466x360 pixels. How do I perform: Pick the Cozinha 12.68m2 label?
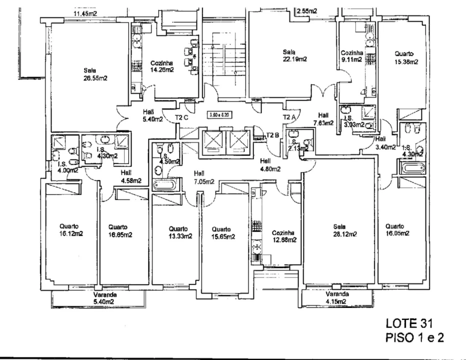coord(283,236)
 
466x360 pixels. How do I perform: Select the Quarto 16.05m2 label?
coord(398,229)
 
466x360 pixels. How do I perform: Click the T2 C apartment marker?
coord(181,118)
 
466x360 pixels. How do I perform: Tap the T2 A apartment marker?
coord(289,117)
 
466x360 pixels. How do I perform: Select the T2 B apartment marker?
coord(272,135)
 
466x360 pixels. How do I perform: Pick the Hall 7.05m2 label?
coord(204,177)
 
